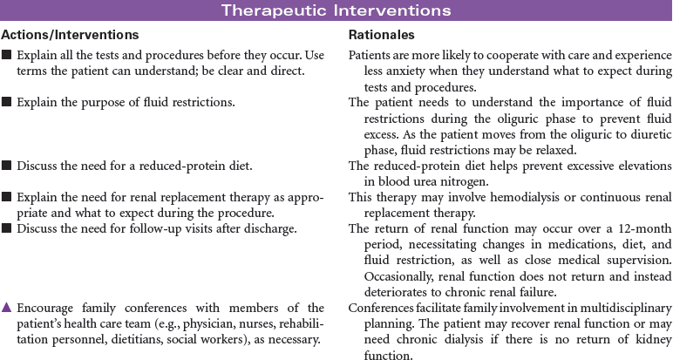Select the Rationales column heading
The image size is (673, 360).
coord(381,35)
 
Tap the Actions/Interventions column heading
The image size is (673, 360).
coord(70,35)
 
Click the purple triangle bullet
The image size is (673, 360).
coord(7,308)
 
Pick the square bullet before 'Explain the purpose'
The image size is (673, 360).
coord(7,103)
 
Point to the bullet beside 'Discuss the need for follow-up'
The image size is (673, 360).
coord(7,229)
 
